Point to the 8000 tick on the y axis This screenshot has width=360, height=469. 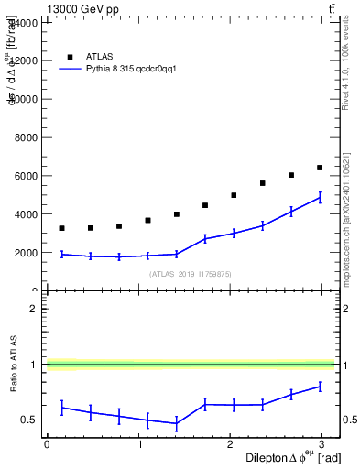[23, 137]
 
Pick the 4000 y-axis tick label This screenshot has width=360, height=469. [23, 214]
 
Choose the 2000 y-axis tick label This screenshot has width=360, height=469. [23, 253]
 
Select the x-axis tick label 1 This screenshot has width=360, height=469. [140, 444]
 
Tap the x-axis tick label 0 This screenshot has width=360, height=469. [47, 444]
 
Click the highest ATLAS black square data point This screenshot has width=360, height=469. [320, 168]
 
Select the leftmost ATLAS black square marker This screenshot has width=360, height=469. [61, 228]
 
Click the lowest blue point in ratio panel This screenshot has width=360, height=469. [176, 423]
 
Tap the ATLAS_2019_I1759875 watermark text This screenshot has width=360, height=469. [191, 274]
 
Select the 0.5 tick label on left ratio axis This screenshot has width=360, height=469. [30, 420]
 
